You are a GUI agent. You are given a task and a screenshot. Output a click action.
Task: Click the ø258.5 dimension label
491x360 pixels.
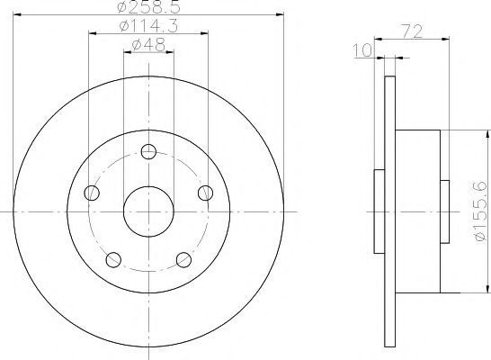[149, 7]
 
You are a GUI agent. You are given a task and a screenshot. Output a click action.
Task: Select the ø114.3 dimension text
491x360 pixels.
[148, 26]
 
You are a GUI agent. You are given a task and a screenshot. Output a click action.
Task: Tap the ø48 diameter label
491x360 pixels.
[148, 45]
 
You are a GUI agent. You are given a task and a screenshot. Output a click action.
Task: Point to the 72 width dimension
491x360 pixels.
[412, 31]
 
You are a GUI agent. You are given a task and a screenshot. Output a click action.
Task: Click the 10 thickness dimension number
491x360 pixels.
[363, 50]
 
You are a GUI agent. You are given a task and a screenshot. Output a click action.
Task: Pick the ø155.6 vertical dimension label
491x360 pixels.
[482, 211]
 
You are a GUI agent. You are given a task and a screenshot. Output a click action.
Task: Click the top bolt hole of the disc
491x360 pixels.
[148, 152]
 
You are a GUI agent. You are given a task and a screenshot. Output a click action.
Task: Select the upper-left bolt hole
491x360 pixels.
[92, 193]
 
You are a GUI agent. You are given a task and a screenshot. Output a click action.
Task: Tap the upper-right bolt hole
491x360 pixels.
[206, 193]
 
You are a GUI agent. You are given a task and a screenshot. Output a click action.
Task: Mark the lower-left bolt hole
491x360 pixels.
[113, 260]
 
